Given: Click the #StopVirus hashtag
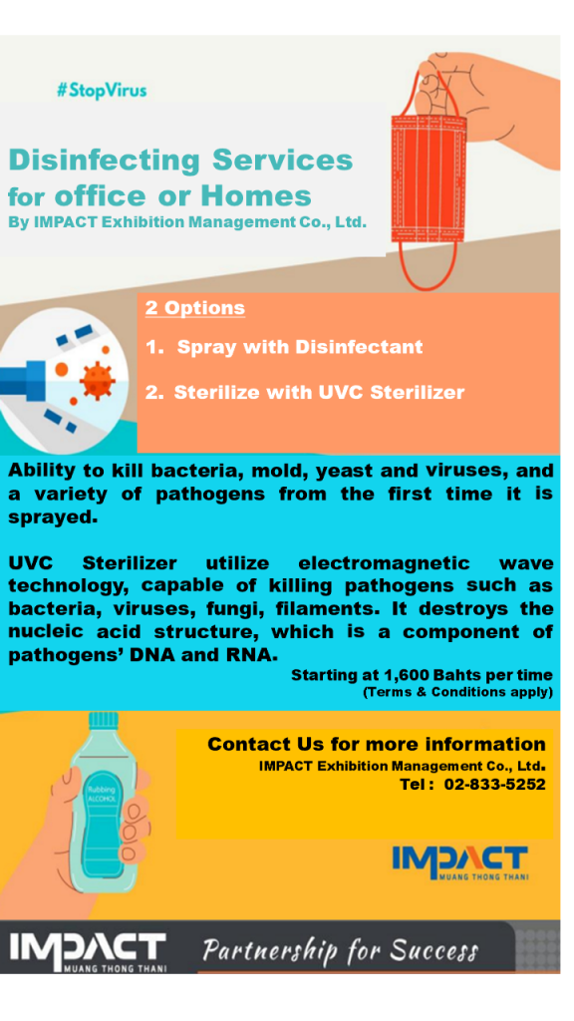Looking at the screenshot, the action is click(102, 91).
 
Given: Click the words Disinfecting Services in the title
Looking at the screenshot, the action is click(180, 161).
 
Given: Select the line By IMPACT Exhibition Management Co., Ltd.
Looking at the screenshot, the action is click(187, 222).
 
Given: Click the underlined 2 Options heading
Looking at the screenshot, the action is click(195, 307).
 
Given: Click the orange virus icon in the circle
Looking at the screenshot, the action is click(97, 380).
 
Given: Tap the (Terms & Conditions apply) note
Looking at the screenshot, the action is click(457, 692).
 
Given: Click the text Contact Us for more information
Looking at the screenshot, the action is click(376, 744).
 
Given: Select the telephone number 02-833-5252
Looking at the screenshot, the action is click(494, 785).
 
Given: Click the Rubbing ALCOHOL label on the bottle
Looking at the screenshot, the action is click(101, 794).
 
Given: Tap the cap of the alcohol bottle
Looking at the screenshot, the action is click(104, 720).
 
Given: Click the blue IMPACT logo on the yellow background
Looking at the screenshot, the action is click(459, 862).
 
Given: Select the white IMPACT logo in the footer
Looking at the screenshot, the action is click(88, 952).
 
